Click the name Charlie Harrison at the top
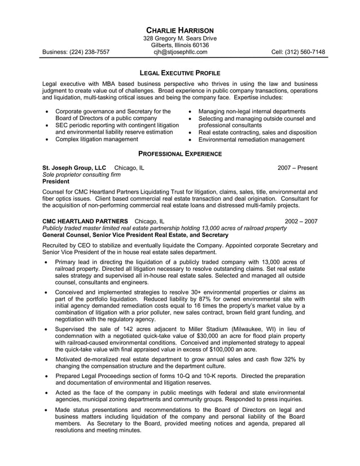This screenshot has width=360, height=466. click(180, 29)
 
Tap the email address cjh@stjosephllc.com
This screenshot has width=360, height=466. click(180, 52)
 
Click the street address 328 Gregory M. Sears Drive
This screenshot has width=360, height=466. click(180, 38)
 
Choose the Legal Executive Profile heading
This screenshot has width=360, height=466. click(180, 73)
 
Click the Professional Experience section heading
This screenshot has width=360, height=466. click(180, 153)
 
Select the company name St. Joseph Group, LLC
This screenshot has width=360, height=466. click(74, 168)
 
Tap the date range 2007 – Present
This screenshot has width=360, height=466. click(297, 168)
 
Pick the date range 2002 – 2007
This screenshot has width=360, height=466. click(301, 221)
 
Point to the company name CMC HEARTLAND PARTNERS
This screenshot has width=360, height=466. click(85, 221)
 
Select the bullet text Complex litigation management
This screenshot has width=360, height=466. click(96, 139)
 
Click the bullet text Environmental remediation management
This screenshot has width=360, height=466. click(251, 139)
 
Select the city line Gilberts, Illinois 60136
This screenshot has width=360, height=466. click(180, 45)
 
